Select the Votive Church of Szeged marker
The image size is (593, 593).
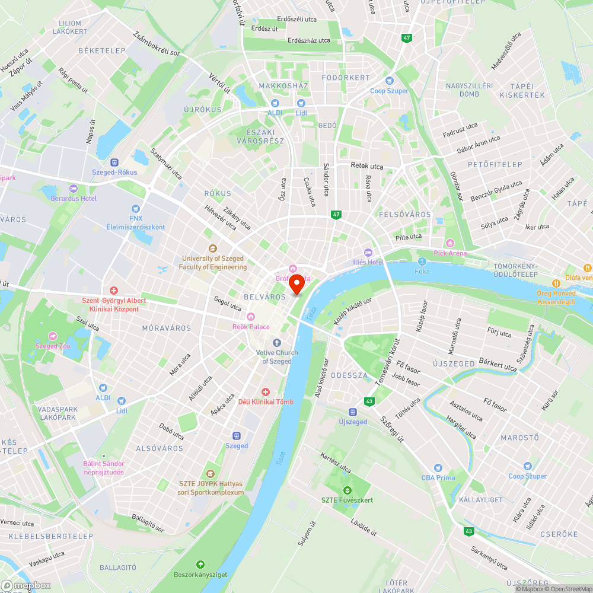click(x=277, y=343)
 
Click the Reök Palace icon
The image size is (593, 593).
click(x=251, y=317)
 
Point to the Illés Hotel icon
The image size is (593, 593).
click(x=368, y=253)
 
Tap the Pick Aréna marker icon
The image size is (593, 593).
click(x=450, y=243)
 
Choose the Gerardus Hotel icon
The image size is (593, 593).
click(x=74, y=189)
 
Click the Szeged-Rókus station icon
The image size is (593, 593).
click(x=114, y=162)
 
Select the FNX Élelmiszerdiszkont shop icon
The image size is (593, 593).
click(x=136, y=208)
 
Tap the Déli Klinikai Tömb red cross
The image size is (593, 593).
click(x=266, y=392)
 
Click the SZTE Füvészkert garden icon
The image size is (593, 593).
click(x=347, y=490)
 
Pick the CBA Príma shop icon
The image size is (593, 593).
click(x=438, y=468)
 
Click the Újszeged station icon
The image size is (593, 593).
click(x=353, y=412)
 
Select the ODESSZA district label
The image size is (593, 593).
click(x=349, y=375)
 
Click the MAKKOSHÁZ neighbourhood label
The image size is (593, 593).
click(x=283, y=86)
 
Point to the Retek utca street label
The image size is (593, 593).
click(x=367, y=166)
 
